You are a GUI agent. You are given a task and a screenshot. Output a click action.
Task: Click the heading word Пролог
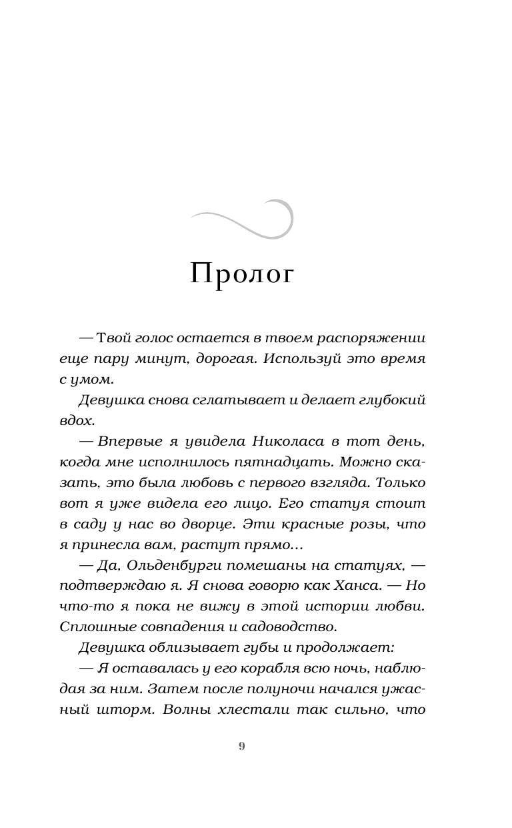(x=242, y=274)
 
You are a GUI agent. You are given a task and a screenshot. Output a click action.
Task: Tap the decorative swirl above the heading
(x=243, y=219)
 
